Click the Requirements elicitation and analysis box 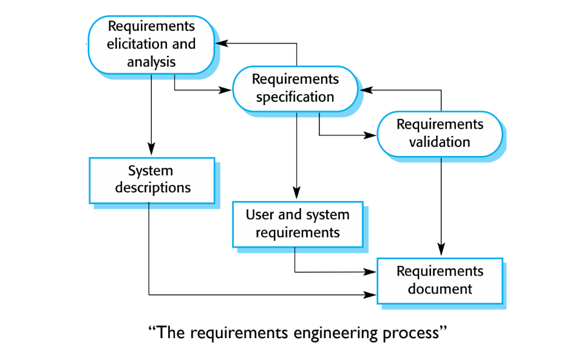click(151, 45)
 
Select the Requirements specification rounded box click(295, 89)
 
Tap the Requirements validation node click(440, 134)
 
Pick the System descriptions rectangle click(152, 180)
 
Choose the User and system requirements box click(298, 225)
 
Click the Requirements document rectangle click(440, 281)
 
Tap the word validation click(440, 142)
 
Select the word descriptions click(153, 188)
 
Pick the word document click(440, 289)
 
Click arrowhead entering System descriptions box click(151, 149)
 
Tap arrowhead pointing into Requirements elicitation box click(222, 43)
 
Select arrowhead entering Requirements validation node click(370, 135)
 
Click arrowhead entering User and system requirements click(297, 193)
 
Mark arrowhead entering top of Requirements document click(441, 250)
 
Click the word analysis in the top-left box click(151, 63)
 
